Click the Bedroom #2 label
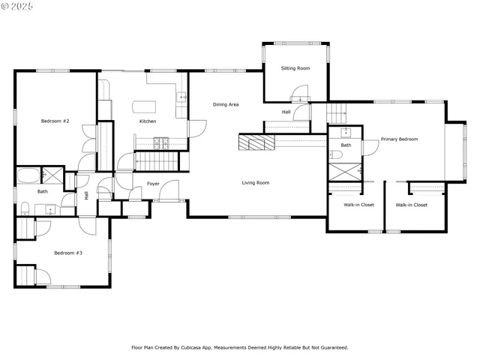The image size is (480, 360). tap(55, 121)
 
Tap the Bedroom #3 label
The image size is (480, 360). tap(67, 253)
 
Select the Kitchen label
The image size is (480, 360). tap(148, 121)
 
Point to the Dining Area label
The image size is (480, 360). tap(226, 104)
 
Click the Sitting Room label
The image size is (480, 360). tap(295, 68)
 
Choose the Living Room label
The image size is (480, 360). tap(255, 182)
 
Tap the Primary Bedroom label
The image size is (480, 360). tap(399, 139)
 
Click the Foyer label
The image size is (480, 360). tap(153, 183)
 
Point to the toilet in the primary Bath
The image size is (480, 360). tap(337, 154)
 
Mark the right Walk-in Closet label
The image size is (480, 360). tap(411, 205)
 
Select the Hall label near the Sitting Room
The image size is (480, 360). tap(286, 112)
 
